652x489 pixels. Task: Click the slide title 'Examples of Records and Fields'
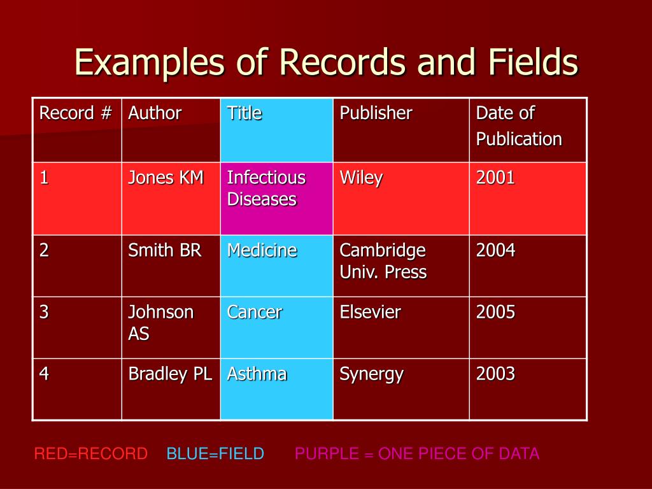pos(326,63)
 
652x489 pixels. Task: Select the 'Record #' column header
pos(76,114)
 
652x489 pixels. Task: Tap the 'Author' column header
pos(155,114)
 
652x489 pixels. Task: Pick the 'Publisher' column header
pos(376,114)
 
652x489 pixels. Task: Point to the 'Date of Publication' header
pos(519,126)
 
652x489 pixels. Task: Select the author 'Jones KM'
pos(166,178)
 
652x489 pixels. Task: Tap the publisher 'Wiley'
pos(361,178)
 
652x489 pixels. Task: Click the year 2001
pos(495,178)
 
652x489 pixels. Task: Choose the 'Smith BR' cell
pos(164,250)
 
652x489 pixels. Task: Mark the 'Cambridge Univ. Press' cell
pos(383,261)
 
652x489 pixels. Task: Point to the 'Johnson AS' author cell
pos(160,323)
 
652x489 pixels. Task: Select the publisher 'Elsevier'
pos(370,312)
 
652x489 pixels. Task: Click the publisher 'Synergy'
pos(371,374)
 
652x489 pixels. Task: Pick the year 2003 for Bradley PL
pos(495,374)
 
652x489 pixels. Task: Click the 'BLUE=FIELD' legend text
pos(215,454)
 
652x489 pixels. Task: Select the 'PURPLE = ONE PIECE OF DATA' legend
pos(417,454)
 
